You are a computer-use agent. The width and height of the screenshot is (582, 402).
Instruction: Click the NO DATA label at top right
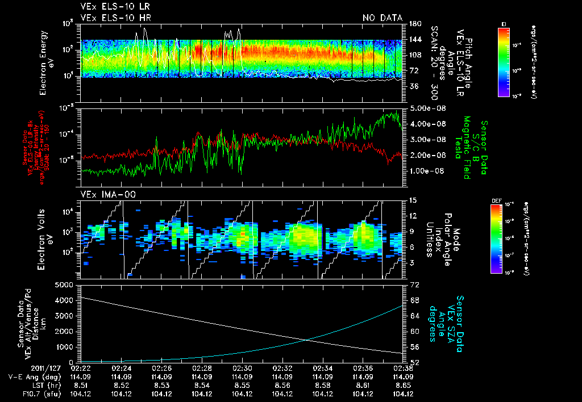382,18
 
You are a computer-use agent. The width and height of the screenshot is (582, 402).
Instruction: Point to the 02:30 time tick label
243,368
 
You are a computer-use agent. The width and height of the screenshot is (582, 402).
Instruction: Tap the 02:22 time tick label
83,368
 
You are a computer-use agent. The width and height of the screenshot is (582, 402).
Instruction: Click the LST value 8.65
403,385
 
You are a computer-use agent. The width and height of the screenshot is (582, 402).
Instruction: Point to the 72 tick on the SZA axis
414,283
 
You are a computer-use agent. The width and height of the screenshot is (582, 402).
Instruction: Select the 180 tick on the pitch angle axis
414,23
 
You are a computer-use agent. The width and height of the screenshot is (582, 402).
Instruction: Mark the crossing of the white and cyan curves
307,340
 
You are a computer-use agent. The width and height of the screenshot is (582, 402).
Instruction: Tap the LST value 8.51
83,385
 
